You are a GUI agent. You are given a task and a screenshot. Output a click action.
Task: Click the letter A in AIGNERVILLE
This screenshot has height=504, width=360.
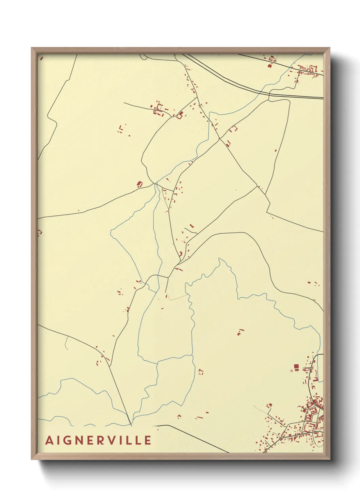point(50,440)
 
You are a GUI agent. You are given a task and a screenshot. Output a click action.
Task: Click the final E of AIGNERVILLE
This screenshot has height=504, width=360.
point(148,440)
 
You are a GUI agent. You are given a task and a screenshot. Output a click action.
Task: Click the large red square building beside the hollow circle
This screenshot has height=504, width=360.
point(296,367)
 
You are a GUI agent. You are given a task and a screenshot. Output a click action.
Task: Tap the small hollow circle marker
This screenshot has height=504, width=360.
point(292,370)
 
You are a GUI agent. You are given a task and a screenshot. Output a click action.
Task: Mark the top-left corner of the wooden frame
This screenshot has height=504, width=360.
point(31,48)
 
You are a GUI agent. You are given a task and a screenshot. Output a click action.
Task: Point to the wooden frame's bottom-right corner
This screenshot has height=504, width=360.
point(330,459)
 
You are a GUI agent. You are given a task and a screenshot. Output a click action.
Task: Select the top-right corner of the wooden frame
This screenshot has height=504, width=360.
point(330,48)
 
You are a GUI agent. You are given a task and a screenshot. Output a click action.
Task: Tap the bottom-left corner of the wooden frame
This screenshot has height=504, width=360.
point(31,459)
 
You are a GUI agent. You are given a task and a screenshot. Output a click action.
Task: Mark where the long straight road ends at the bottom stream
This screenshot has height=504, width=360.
point(131,425)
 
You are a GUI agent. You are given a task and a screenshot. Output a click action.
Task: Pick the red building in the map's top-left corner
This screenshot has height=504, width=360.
point(41,58)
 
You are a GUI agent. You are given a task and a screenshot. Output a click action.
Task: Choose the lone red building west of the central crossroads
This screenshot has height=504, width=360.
point(139,184)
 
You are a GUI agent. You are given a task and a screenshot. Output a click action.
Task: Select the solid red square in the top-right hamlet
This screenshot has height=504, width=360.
point(271,65)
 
